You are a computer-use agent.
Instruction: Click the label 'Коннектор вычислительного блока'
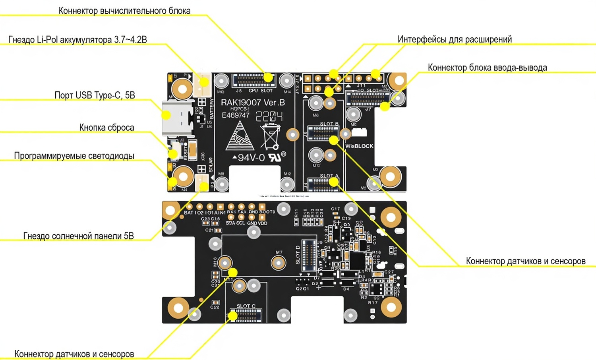(x=124, y=11)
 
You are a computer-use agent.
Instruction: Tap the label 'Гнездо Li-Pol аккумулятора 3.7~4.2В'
(x=77, y=40)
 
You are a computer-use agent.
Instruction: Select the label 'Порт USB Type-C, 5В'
(x=95, y=95)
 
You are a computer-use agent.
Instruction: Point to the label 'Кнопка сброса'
(x=106, y=128)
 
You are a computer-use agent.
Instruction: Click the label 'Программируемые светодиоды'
(x=74, y=156)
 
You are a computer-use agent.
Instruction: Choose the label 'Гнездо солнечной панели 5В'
(x=78, y=236)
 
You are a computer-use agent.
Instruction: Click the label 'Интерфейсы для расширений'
(x=455, y=39)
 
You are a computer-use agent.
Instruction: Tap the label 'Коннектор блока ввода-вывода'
(x=487, y=68)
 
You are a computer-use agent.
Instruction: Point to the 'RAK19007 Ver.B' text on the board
(x=253, y=103)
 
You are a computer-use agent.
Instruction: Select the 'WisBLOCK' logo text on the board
(x=359, y=146)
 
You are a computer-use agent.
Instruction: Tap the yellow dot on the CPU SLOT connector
(x=269, y=77)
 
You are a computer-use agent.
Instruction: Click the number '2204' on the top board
(x=269, y=116)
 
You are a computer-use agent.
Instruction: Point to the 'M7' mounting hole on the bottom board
(x=279, y=262)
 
